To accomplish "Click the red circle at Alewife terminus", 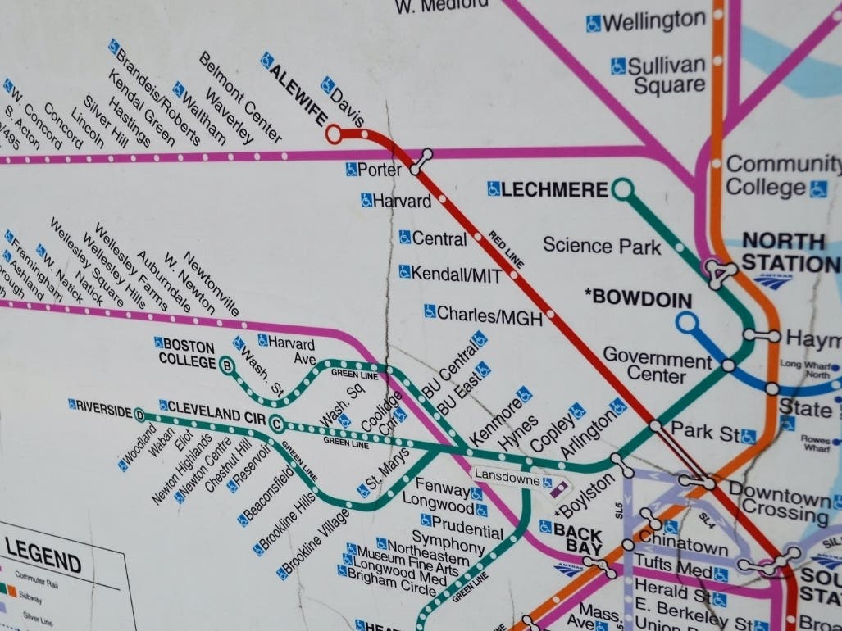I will [x=334, y=134].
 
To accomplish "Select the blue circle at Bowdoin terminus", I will [x=686, y=322].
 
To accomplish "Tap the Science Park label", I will [x=601, y=245].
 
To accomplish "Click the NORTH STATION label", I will [x=785, y=252].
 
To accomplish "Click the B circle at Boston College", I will [x=228, y=365].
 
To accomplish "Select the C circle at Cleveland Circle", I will [x=277, y=424].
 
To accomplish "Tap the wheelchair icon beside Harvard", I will [x=366, y=199].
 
